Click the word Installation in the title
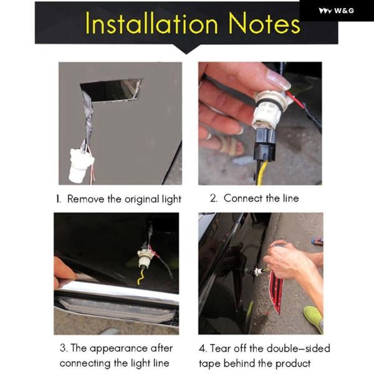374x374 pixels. coord(151,23)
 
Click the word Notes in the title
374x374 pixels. coord(264,23)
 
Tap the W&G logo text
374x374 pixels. coord(343,11)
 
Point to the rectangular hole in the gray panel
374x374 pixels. coord(112,90)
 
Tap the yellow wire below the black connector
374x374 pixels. coord(262,173)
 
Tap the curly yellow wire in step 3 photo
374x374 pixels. coord(141,276)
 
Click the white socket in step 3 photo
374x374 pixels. coord(145,258)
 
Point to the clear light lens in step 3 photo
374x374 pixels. coord(117,309)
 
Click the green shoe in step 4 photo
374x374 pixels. coord(314,319)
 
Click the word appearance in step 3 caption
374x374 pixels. coord(118,348)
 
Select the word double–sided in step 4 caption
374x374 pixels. coord(299,348)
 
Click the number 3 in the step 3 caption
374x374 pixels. coord(63,348)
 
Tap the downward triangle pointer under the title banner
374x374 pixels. coord(186,49)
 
